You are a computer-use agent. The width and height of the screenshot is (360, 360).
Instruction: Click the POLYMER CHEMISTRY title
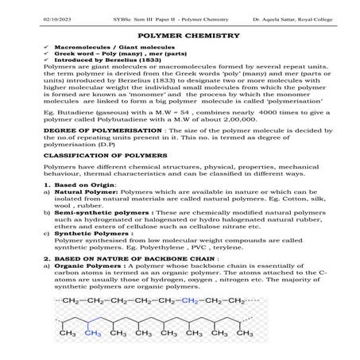tap(180, 37)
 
